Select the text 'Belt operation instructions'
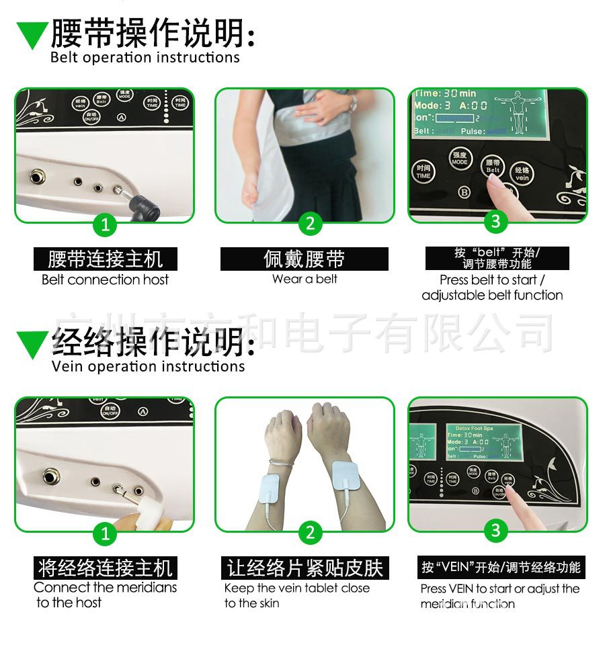[145, 57]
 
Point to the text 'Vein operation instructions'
[148, 366]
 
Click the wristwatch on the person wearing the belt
[353, 103]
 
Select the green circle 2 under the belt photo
[309, 224]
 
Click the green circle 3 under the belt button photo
[496, 221]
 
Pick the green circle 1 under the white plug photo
[105, 533]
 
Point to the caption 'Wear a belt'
[305, 279]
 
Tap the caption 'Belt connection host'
[105, 279]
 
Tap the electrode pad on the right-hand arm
[348, 478]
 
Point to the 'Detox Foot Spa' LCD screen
[483, 441]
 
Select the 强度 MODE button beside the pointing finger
[460, 159]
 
